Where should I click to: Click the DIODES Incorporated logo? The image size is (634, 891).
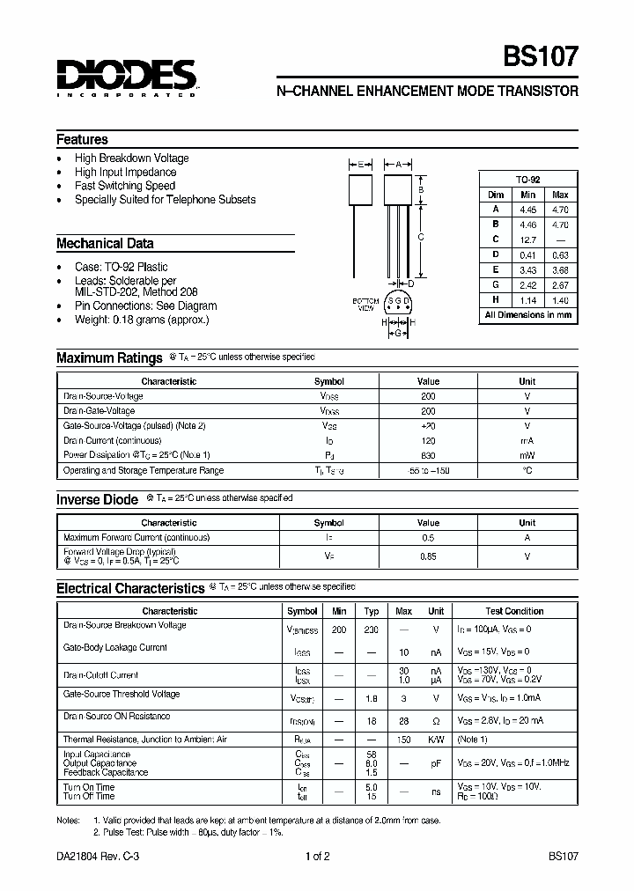(x=125, y=77)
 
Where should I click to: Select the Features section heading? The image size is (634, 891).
(x=82, y=139)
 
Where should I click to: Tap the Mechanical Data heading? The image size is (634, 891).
(x=105, y=243)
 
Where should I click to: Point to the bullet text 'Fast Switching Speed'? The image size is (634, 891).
(x=124, y=186)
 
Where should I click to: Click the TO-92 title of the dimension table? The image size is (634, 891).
(x=527, y=179)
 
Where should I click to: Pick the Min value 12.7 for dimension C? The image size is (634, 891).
(x=527, y=239)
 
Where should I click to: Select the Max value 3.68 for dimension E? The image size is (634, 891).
(x=560, y=269)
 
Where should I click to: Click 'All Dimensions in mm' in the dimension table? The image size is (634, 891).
(x=527, y=314)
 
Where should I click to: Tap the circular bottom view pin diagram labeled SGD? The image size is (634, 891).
(x=398, y=303)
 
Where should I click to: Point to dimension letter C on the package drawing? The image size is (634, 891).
(x=421, y=237)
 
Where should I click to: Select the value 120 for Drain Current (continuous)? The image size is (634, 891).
(x=427, y=440)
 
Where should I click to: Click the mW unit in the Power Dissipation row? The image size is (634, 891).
(x=527, y=455)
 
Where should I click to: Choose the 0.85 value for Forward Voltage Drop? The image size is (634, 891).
(x=427, y=556)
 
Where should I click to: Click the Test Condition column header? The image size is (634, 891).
(x=514, y=611)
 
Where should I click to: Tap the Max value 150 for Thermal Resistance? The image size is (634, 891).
(x=403, y=740)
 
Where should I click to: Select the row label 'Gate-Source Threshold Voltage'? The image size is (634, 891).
(x=122, y=695)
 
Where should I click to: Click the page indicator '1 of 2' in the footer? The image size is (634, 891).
(x=317, y=856)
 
